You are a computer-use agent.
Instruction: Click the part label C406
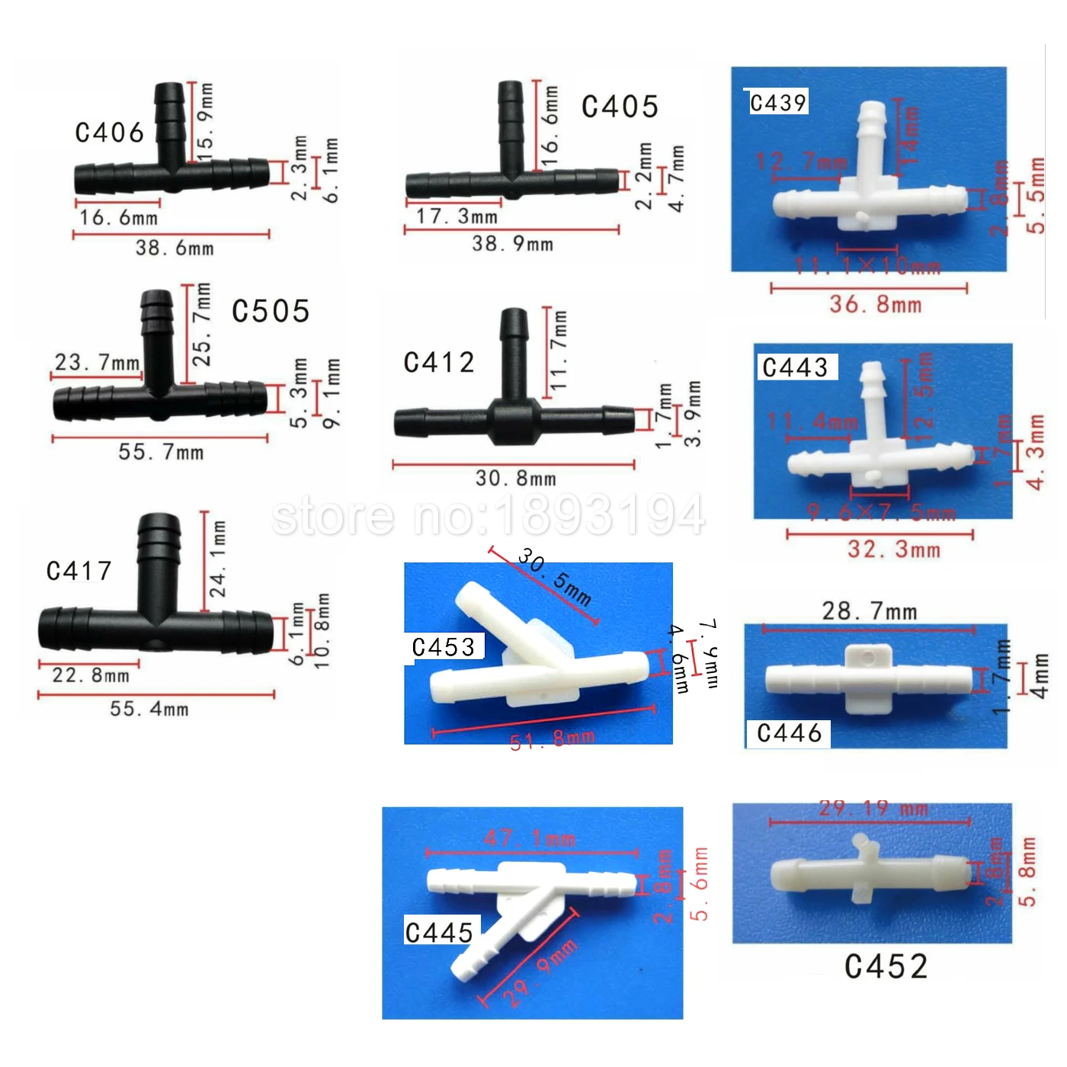(x=110, y=133)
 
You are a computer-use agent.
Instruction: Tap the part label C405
(x=620, y=107)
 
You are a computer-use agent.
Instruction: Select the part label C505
(x=271, y=311)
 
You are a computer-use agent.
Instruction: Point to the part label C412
(x=439, y=362)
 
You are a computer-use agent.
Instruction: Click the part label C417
(x=79, y=571)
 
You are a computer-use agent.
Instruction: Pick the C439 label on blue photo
(x=777, y=103)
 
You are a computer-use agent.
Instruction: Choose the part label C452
(x=886, y=966)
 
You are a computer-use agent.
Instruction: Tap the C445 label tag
(x=440, y=932)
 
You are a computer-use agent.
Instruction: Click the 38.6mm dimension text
(x=175, y=248)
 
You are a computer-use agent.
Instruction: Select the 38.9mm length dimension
(x=513, y=245)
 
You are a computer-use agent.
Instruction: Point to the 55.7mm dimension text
(x=161, y=453)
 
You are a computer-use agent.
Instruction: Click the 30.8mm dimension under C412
(x=516, y=479)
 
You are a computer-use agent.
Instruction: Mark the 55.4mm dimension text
(x=149, y=710)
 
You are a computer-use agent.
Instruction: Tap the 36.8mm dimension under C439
(x=876, y=305)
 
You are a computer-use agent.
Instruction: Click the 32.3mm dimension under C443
(x=894, y=550)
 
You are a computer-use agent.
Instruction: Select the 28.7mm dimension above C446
(x=870, y=611)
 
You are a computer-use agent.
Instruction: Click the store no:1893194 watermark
(x=489, y=516)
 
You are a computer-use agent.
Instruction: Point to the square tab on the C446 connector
(x=869, y=658)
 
